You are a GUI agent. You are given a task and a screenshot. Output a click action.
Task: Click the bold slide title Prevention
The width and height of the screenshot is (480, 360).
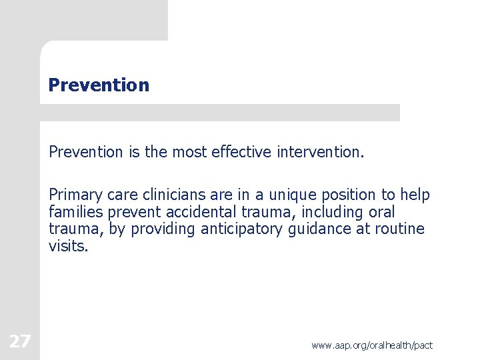[x=99, y=85]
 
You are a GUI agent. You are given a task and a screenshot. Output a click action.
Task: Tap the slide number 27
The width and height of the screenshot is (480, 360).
[x=19, y=342]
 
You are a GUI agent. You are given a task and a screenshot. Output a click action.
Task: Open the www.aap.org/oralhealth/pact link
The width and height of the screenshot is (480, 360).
[x=371, y=345]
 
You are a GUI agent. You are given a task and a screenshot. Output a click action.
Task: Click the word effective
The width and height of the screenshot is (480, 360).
[x=241, y=152]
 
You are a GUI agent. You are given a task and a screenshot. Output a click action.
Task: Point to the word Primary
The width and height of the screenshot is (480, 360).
[x=73, y=195]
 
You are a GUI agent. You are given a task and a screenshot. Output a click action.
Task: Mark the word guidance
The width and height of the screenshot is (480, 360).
[x=347, y=229]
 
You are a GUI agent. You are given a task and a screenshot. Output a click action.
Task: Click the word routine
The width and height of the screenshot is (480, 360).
[x=401, y=229]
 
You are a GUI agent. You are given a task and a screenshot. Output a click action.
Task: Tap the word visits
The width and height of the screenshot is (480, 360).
[x=68, y=246]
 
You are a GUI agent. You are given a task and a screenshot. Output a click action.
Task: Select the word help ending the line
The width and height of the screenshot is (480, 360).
[x=415, y=195]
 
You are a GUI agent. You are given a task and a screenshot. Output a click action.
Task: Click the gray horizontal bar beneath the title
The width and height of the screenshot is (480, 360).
[x=220, y=113]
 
